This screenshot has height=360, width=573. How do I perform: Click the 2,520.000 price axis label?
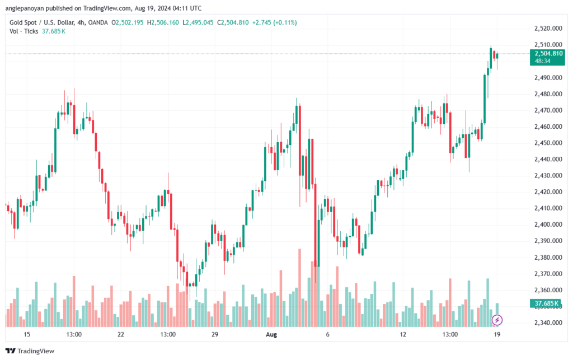tap(548, 28)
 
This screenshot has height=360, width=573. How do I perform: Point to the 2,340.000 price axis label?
tap(548, 322)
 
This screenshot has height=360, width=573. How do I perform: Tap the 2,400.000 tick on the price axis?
tap(548, 225)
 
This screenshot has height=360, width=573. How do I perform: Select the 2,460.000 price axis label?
tap(548, 127)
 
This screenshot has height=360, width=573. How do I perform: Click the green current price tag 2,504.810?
tap(548, 54)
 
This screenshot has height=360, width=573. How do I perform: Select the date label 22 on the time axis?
tap(120, 334)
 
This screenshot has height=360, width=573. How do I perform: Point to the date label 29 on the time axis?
tap(214, 334)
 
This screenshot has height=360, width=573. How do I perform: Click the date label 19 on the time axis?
tap(497, 334)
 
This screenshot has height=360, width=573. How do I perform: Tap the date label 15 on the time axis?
tap(26, 334)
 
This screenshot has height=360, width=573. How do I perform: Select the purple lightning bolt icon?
tap(497, 320)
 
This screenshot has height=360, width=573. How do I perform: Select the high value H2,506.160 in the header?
tap(168, 22)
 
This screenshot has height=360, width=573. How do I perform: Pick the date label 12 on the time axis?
tap(403, 334)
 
